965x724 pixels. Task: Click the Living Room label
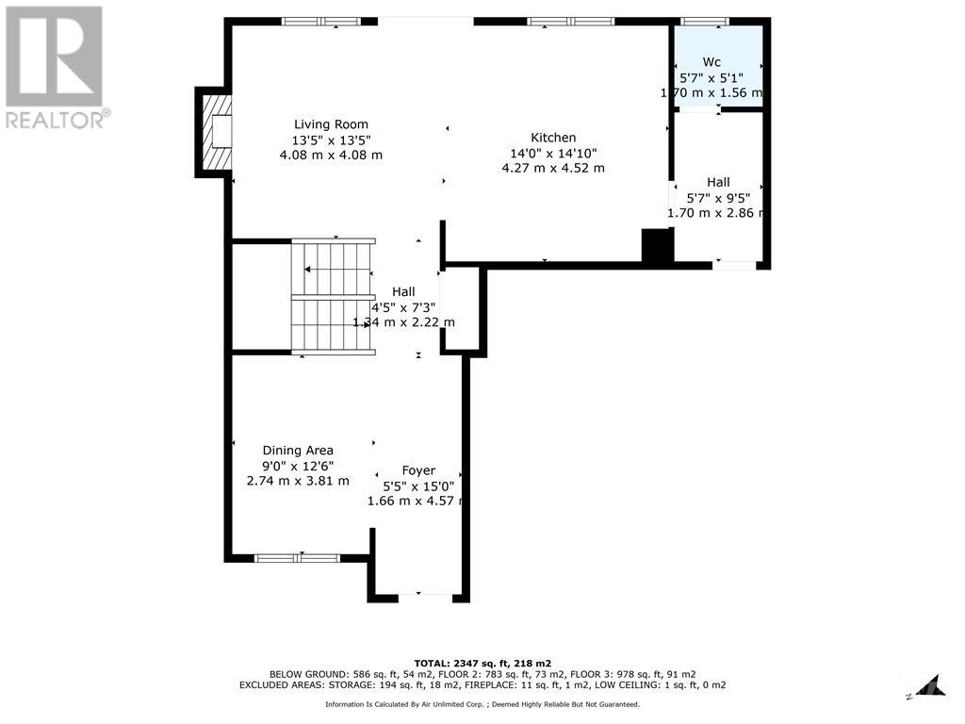331,123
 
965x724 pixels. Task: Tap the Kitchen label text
552,138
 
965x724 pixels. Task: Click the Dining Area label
298,451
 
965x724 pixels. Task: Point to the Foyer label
418,470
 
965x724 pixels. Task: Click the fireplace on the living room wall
215,132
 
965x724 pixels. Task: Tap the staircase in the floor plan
334,298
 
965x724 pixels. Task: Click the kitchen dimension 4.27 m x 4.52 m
552,168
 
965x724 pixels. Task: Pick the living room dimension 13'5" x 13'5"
331,140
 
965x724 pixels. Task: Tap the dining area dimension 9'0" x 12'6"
298,466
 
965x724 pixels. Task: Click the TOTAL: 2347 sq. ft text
482,663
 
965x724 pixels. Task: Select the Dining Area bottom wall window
298,558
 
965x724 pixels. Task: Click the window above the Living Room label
320,22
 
